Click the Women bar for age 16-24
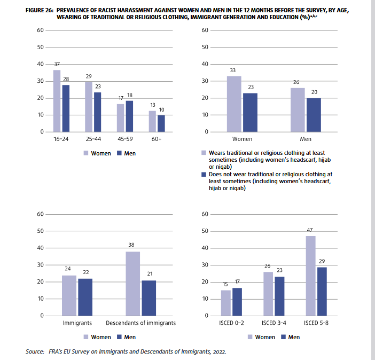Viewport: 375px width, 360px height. [x=57, y=101]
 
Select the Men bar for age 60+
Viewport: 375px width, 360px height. [x=161, y=123]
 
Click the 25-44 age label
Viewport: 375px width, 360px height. [x=93, y=139]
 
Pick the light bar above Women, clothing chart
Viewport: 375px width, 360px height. [x=234, y=104]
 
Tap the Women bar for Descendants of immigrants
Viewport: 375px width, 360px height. [x=133, y=284]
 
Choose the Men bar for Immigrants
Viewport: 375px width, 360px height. [x=85, y=297]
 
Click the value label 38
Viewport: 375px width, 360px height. [x=131, y=245]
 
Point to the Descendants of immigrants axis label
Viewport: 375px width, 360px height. [x=140, y=323]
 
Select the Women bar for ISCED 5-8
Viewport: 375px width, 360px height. [x=310, y=276]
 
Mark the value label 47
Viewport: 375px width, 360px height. [x=310, y=230]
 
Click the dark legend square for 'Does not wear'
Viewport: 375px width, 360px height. [x=204, y=175]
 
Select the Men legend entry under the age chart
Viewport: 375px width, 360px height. [x=126, y=153]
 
